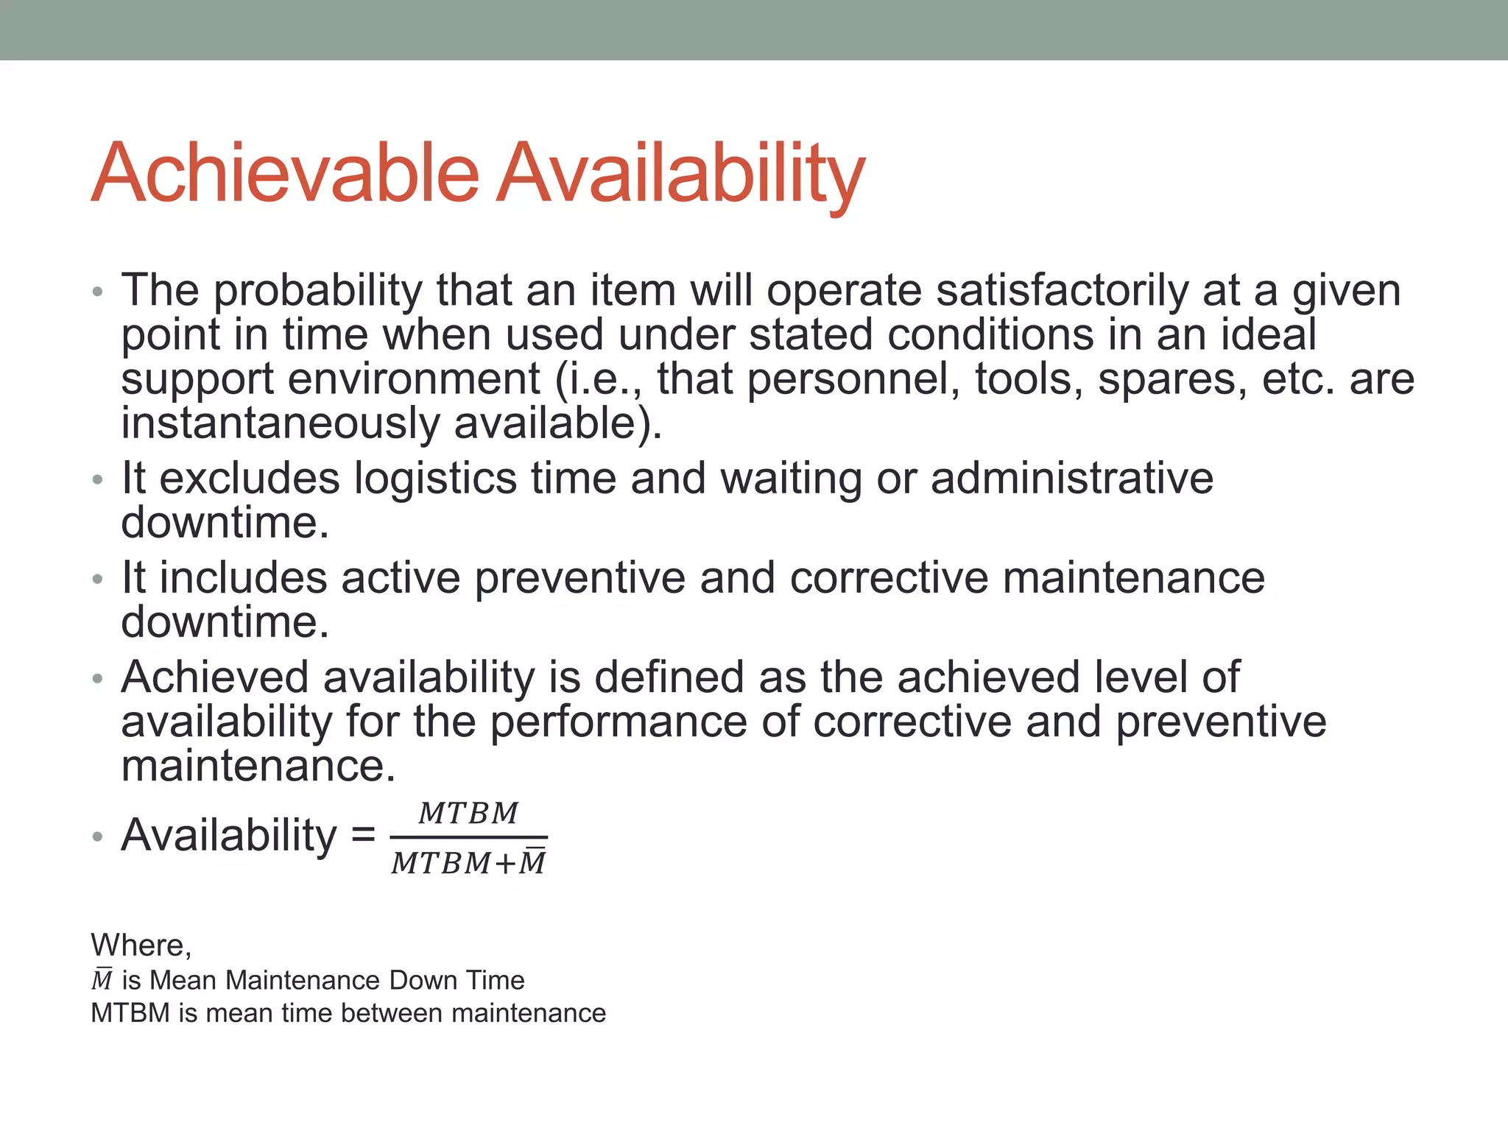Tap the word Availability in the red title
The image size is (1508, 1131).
click(x=680, y=174)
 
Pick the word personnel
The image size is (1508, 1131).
click(x=853, y=380)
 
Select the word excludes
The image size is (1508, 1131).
click(x=250, y=478)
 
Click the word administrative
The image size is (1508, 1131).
click(x=1072, y=478)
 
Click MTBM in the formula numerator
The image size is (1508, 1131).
click(x=468, y=814)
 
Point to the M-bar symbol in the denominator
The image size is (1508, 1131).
click(x=532, y=862)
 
